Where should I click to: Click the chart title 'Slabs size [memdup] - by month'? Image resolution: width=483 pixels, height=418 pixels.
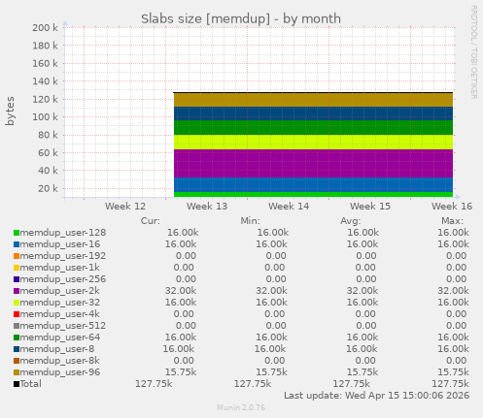point(241,18)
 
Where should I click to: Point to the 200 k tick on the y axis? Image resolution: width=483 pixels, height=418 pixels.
point(45,28)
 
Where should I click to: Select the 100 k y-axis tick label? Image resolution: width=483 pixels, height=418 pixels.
point(45,117)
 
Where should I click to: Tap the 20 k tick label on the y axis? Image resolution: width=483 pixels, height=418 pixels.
point(48,188)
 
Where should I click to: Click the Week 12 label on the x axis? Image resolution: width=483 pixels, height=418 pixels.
point(125,207)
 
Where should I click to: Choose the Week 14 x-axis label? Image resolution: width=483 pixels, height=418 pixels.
point(289,207)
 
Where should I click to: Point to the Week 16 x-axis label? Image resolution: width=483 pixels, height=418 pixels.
point(452,207)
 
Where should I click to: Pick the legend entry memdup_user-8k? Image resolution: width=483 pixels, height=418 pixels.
point(59,359)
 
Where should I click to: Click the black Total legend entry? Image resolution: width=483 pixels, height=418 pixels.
point(30,384)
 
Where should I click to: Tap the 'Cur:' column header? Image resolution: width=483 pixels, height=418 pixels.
point(151,221)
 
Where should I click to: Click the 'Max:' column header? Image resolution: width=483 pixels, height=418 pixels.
point(452,221)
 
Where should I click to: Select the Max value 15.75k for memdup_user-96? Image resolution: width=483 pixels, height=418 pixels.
point(452,371)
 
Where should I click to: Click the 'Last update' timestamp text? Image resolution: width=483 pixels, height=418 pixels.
point(377,396)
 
